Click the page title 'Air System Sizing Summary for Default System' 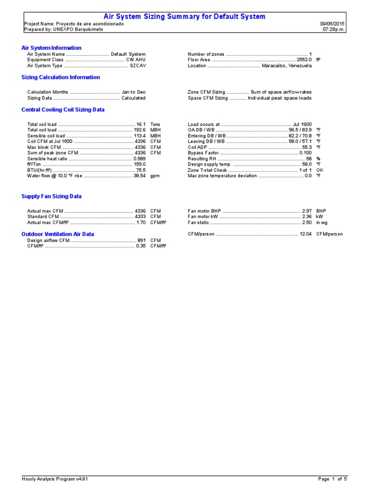(x=185, y=16)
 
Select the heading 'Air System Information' (x=52, y=48)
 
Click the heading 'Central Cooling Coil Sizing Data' (x=63, y=110)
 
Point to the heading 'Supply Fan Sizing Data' (x=52, y=196)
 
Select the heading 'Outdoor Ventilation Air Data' (x=58, y=234)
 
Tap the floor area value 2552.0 (x=304, y=60)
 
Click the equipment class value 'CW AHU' (x=136, y=60)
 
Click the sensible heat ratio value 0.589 (x=139, y=159)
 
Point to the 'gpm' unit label (x=155, y=176)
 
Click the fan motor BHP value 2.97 (x=307, y=211)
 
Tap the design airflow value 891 (x=141, y=240)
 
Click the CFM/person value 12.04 (x=305, y=234)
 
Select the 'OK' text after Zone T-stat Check (x=319, y=170)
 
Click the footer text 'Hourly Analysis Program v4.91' (x=54, y=479)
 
